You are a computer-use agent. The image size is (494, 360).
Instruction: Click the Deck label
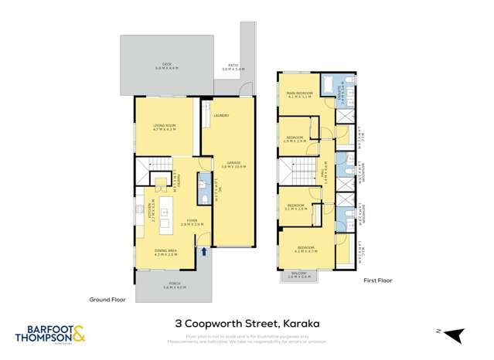pos(166,64)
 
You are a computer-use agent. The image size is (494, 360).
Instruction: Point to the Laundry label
pos(222,115)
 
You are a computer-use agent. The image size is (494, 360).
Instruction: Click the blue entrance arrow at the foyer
pos(204,250)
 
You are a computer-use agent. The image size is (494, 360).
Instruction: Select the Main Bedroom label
pos(299,94)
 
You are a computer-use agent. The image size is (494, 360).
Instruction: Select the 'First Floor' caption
pos(379,281)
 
